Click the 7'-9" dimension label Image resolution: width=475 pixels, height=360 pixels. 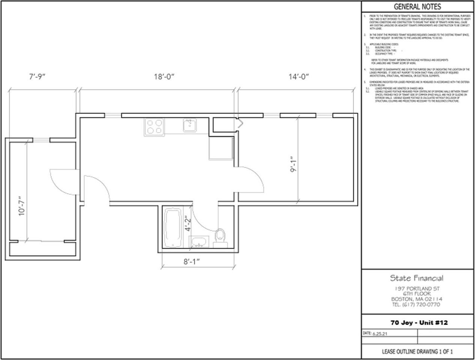(x=38, y=77)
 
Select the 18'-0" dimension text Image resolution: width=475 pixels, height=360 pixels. (x=164, y=77)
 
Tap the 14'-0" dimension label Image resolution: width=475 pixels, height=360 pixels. (x=298, y=77)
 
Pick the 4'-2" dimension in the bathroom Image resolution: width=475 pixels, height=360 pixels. (x=188, y=224)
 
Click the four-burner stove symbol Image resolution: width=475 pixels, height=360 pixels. (x=154, y=127)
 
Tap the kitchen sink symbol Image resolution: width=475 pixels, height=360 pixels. (x=190, y=126)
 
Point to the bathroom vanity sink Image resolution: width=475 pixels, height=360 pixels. (x=199, y=242)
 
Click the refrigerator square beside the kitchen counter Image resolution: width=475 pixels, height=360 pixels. (x=221, y=148)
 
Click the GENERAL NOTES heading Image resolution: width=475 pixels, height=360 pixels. (x=417, y=7)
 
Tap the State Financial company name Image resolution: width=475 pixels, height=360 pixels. (x=416, y=278)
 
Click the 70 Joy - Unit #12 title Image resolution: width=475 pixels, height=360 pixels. (x=419, y=323)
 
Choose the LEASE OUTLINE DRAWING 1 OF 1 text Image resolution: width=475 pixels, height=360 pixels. (x=417, y=352)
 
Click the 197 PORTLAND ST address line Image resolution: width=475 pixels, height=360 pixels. (x=417, y=289)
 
